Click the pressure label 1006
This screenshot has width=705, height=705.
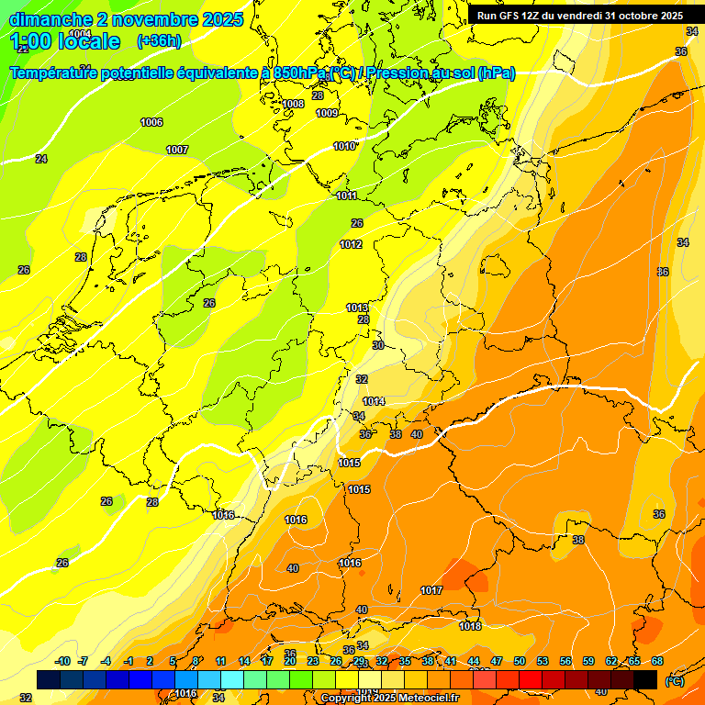click(x=151, y=122)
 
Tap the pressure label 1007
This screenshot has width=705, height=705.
click(x=177, y=150)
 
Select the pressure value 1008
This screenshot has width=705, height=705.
click(x=293, y=104)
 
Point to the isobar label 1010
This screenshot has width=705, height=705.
click(x=344, y=146)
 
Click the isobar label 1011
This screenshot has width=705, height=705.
click(x=347, y=196)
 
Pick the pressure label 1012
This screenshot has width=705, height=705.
click(x=351, y=244)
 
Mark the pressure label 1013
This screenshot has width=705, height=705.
click(x=357, y=308)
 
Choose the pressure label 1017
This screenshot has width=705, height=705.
click(x=431, y=590)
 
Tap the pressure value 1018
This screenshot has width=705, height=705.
click(x=470, y=626)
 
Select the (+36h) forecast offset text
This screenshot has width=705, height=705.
click(x=160, y=41)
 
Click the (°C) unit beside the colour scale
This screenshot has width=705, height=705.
click(x=674, y=681)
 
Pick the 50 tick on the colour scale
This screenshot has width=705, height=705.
click(x=520, y=661)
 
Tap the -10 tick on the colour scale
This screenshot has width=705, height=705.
click(x=63, y=661)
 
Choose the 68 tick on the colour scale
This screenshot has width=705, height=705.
click(x=657, y=661)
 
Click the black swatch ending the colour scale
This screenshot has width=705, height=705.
click(x=645, y=679)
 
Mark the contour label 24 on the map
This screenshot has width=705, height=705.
click(x=41, y=159)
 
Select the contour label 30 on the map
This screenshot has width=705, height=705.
click(x=377, y=345)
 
